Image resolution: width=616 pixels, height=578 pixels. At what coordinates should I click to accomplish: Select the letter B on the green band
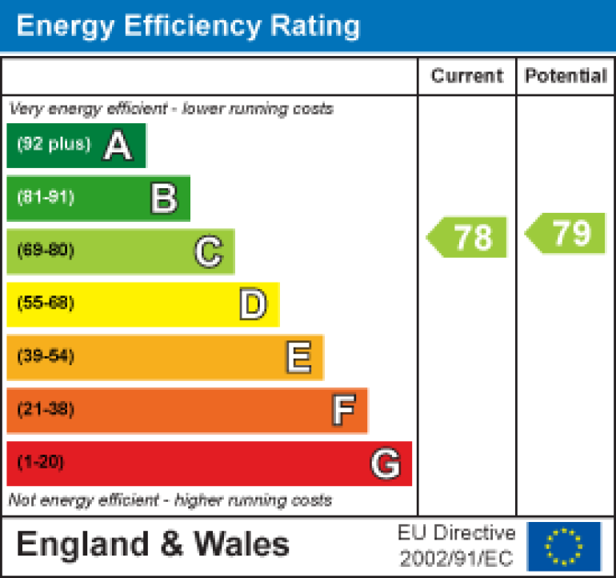[163, 199]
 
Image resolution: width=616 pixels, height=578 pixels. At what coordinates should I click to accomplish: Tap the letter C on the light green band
[208, 252]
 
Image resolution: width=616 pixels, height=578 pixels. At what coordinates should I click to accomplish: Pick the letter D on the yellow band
[253, 305]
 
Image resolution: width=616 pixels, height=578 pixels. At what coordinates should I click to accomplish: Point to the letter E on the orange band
[298, 358]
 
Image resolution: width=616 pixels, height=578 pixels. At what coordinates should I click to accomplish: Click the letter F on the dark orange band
[343, 411]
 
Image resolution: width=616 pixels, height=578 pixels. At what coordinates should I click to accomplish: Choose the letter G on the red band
[385, 464]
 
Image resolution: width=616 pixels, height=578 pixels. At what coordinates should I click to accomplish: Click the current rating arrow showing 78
[468, 237]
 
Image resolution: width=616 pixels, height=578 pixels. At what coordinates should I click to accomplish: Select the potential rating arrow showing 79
[566, 234]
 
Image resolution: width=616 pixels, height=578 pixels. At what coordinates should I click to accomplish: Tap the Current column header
[467, 76]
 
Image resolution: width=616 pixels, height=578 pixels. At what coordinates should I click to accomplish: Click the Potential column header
[566, 76]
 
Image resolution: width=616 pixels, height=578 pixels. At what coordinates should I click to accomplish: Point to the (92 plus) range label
[54, 145]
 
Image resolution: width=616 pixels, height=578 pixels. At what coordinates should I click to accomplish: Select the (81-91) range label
[46, 198]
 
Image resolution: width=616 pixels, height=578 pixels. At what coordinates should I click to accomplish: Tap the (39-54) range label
[46, 357]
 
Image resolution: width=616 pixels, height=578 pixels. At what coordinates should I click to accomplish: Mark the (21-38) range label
[46, 410]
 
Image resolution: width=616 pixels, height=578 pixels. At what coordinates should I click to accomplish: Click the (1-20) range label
[40, 463]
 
